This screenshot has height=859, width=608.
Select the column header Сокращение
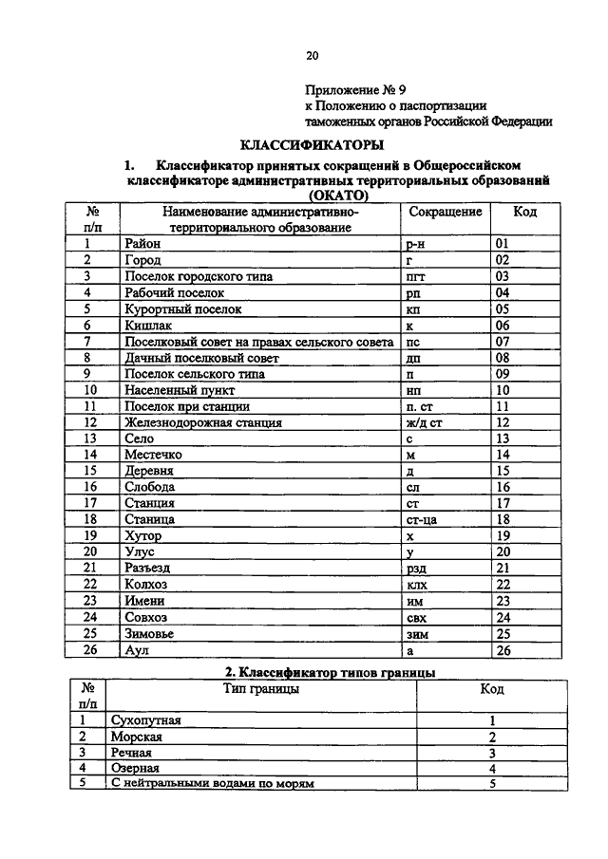coord(445,212)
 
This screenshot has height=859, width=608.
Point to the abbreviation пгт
coord(415,276)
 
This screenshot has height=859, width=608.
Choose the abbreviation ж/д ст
coord(424,422)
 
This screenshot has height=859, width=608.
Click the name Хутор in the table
coord(143,536)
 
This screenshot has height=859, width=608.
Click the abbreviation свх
coord(415,618)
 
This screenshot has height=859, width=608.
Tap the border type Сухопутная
coord(145,720)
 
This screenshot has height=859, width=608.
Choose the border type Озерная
coord(135,768)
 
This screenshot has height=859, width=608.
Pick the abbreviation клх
coord(415,585)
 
